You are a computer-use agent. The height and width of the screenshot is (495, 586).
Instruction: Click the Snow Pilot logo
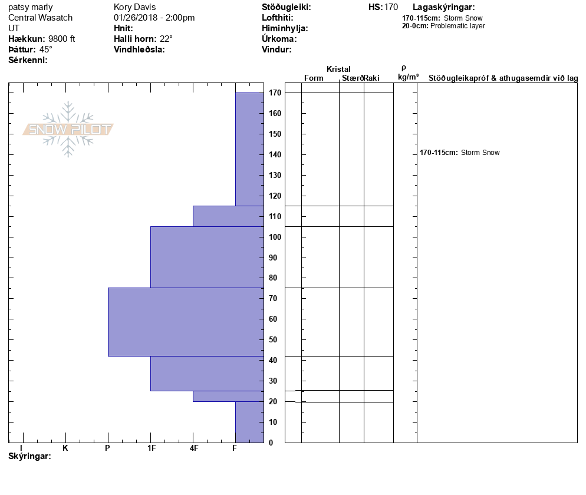click(x=68, y=129)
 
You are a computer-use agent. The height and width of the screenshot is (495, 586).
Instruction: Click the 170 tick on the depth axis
click(x=274, y=93)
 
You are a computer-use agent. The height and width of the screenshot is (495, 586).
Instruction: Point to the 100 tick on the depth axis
click(x=274, y=237)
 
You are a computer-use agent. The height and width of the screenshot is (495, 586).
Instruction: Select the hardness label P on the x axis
click(x=107, y=448)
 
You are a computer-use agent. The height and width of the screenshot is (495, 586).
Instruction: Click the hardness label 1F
click(x=151, y=448)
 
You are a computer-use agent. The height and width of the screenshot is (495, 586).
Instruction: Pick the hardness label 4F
click(x=193, y=448)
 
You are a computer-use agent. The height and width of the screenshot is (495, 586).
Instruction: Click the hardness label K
click(x=65, y=448)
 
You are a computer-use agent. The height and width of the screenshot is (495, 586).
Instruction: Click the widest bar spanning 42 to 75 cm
click(x=186, y=322)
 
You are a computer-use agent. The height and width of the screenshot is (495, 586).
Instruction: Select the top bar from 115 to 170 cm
click(x=249, y=149)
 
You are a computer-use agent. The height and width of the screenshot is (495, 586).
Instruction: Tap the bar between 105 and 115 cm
click(x=228, y=216)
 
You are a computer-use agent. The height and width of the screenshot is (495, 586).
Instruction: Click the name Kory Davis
click(x=134, y=7)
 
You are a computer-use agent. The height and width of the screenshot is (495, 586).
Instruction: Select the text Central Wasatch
click(x=41, y=18)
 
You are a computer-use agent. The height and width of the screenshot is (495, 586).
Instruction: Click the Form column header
click(x=314, y=78)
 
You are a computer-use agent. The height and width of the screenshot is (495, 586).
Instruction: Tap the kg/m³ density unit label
click(x=409, y=77)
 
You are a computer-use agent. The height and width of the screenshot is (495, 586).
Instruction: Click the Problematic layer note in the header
click(x=457, y=26)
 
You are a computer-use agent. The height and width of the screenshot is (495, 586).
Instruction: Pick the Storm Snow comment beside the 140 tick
click(x=480, y=153)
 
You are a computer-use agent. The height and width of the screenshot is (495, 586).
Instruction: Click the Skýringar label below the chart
click(x=29, y=457)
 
